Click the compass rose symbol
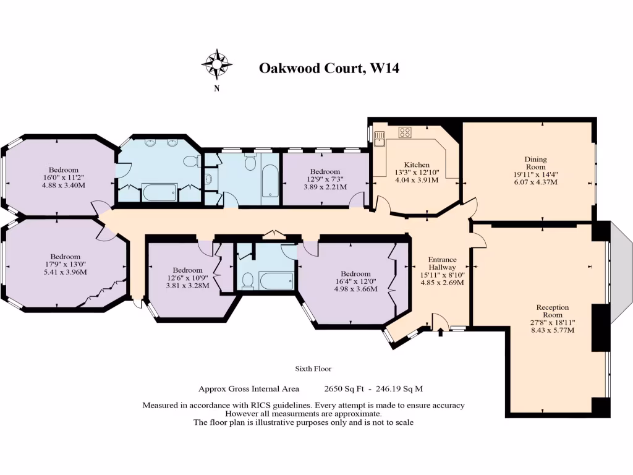coord(216,64)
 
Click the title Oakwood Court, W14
coord(329,68)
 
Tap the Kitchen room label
coord(417,165)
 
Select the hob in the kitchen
coord(406,132)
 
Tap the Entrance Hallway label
coord(442,263)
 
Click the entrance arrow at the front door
coord(440,332)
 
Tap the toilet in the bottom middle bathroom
coord(247,281)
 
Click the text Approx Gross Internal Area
coord(249,389)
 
